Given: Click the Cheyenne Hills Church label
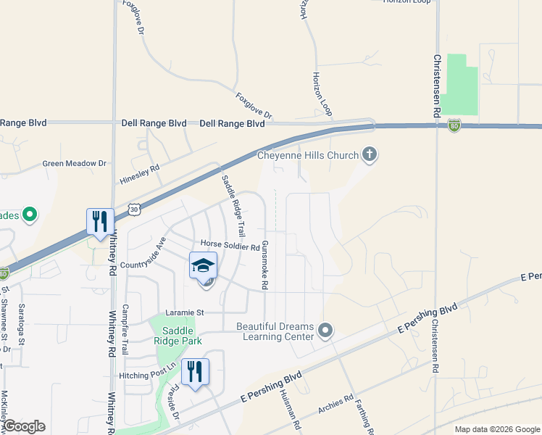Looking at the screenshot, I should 309,156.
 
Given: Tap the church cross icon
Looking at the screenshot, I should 370,154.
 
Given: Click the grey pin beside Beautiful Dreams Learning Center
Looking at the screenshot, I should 325,331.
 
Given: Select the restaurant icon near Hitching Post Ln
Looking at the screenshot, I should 194,372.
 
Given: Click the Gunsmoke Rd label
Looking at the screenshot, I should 265,265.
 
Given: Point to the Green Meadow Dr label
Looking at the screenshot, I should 74,164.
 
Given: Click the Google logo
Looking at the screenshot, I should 24,426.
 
